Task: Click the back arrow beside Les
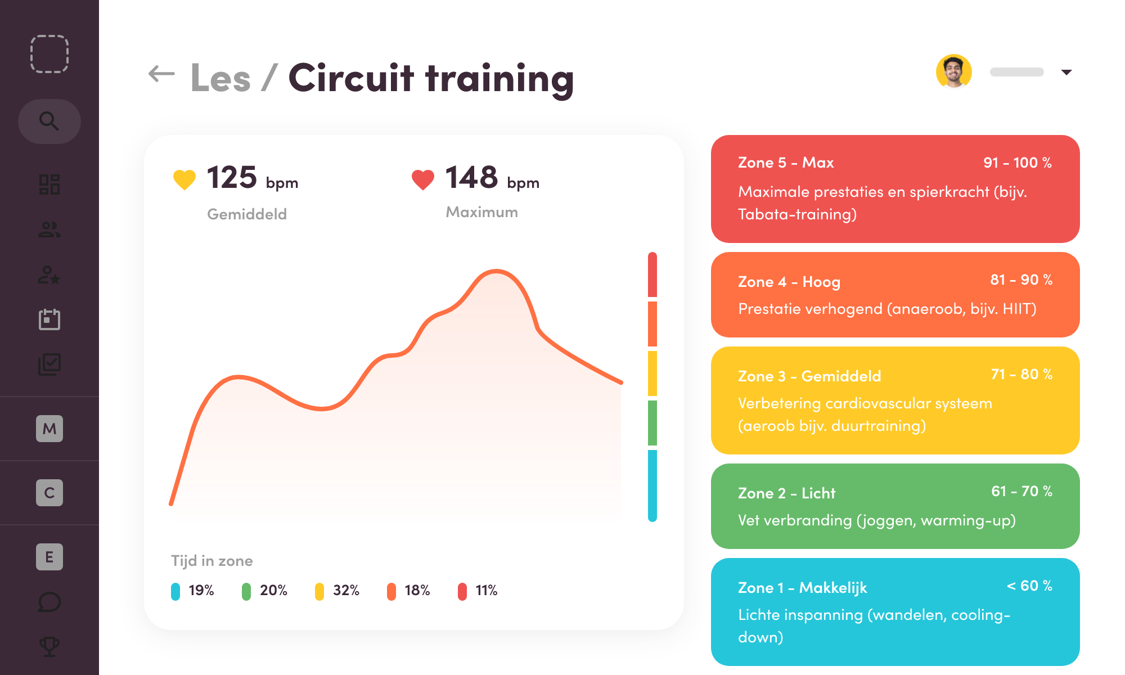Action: pos(161,74)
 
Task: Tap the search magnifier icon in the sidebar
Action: pos(49,121)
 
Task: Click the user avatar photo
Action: pos(953,71)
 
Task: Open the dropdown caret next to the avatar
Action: pos(1066,72)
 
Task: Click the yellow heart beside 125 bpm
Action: pos(184,179)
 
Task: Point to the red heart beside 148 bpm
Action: pos(422,179)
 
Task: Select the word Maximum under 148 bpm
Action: pos(481,212)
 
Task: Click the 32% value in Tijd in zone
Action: pos(345,590)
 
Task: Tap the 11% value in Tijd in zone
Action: pos(486,590)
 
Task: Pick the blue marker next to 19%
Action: pos(175,591)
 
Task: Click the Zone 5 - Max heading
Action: pos(785,163)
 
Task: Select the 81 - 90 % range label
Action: pos(1021,280)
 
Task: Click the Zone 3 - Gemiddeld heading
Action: pos(809,376)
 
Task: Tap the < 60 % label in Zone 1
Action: pos(1029,586)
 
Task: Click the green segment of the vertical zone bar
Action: pos(652,422)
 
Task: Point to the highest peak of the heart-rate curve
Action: pos(496,272)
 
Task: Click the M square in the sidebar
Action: pos(49,429)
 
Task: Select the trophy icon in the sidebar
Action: pos(49,646)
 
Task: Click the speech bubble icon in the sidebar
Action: pos(49,602)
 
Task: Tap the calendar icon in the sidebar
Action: pos(49,319)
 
